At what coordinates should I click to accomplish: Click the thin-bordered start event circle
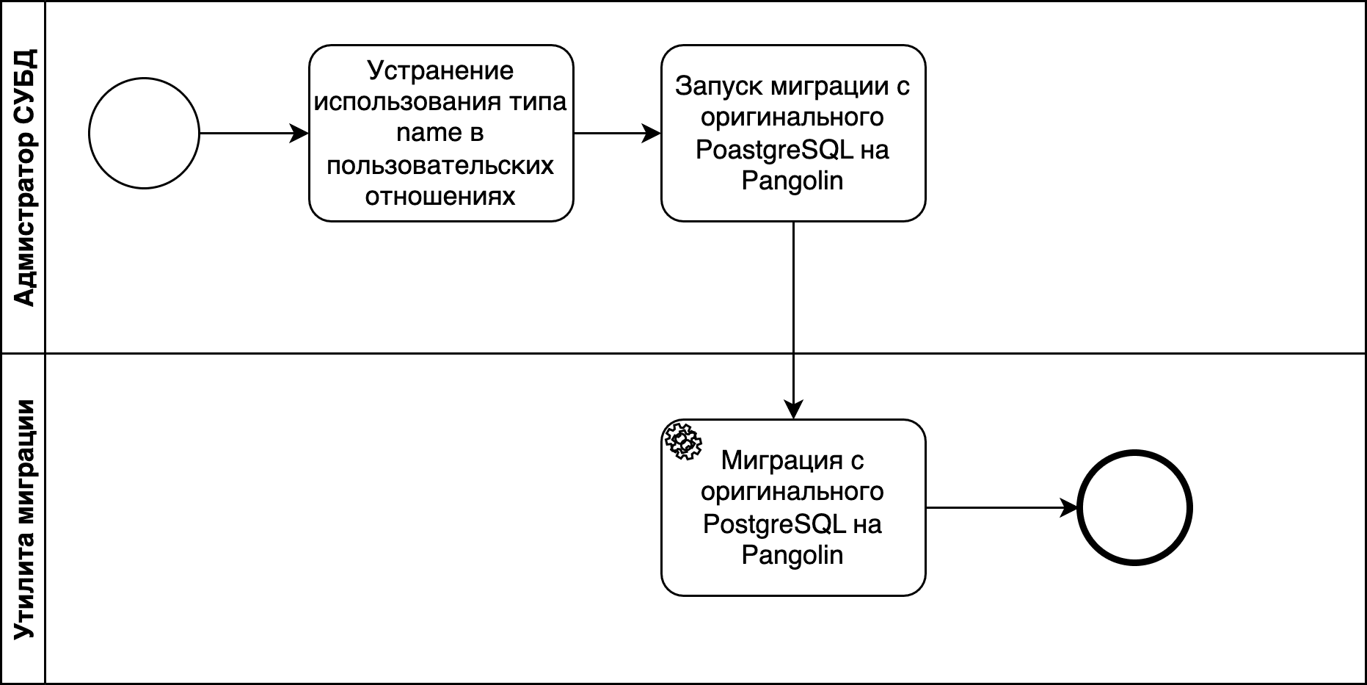(144, 134)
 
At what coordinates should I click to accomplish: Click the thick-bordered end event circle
(1134, 508)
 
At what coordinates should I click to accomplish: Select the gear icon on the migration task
(682, 441)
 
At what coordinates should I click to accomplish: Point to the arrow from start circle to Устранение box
(253, 134)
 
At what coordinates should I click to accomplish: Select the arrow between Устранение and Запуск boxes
(616, 134)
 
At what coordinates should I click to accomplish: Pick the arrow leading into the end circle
(1002, 507)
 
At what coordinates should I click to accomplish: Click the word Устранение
(440, 70)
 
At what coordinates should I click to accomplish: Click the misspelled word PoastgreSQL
(774, 150)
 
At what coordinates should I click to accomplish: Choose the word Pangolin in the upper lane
(792, 181)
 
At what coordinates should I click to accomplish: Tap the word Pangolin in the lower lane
(792, 555)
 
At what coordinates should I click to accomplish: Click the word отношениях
(440, 197)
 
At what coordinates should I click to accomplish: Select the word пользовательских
(440, 165)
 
